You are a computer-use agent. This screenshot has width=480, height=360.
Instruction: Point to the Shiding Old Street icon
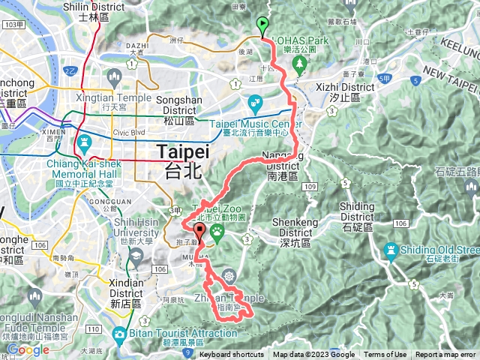[x=391, y=249]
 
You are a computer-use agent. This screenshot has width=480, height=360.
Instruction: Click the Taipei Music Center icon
[x=254, y=101]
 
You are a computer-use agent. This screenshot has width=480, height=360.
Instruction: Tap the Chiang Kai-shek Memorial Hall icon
[x=82, y=141]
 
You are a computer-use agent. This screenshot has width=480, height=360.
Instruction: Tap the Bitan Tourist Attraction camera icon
[x=119, y=333]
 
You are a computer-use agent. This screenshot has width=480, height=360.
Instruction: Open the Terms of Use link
[x=385, y=355]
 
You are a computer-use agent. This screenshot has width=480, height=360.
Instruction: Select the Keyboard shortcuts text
[x=231, y=355]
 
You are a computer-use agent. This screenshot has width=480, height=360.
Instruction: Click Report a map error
[x=447, y=355]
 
